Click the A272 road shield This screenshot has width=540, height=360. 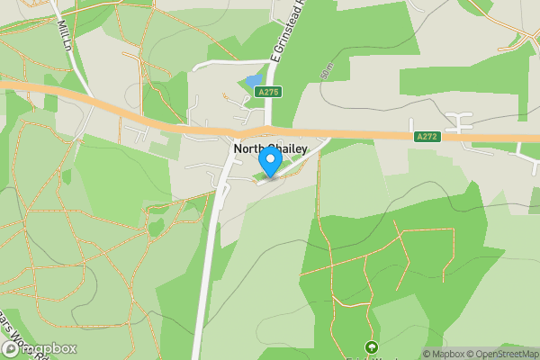click(x=427, y=137)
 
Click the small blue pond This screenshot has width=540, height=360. click(x=253, y=82)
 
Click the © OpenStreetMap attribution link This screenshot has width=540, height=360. click(x=505, y=354)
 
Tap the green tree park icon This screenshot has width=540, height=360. click(x=370, y=347)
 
